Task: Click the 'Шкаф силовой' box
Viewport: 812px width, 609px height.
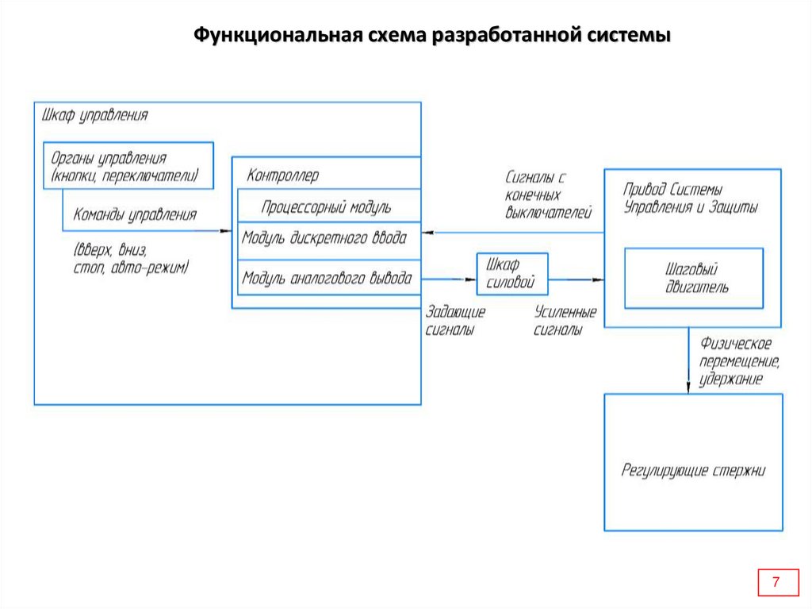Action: pyautogui.click(x=511, y=274)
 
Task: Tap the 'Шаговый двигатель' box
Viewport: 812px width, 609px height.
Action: pyautogui.click(x=694, y=278)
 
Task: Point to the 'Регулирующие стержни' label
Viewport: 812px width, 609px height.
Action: pyautogui.click(x=693, y=470)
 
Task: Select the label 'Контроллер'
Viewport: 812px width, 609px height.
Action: pyautogui.click(x=282, y=175)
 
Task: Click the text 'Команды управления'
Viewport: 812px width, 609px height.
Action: pyautogui.click(x=135, y=214)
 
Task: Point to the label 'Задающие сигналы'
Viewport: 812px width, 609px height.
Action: pyautogui.click(x=455, y=321)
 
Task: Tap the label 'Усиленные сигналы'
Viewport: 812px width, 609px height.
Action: pyautogui.click(x=565, y=321)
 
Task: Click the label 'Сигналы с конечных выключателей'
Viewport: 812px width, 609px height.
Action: pyautogui.click(x=548, y=195)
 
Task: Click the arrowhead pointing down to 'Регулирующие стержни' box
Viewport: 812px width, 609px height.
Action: pyautogui.click(x=688, y=386)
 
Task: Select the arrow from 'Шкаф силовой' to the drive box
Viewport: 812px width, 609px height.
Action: pyautogui.click(x=576, y=279)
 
